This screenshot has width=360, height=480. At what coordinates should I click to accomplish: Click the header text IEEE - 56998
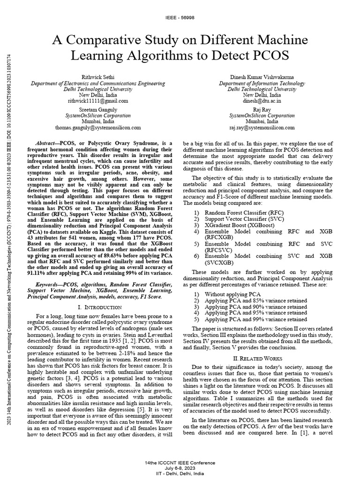pyautogui.click(x=180, y=17)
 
